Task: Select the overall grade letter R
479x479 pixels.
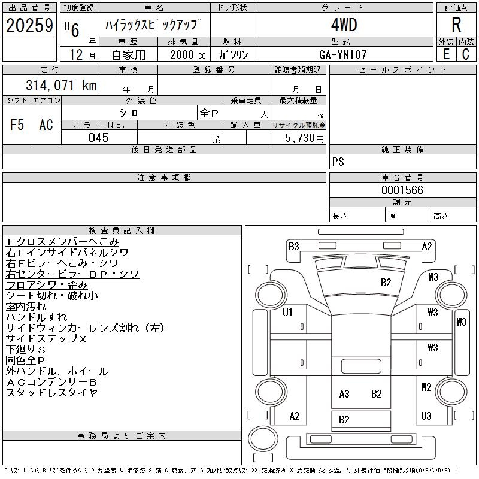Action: tap(456, 25)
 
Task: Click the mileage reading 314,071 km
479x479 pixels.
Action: tap(60, 85)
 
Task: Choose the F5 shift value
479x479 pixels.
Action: tap(17, 125)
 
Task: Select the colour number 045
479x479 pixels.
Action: tap(98, 138)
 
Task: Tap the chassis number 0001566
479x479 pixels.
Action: tap(402, 190)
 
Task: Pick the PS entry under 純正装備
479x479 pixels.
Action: tap(338, 162)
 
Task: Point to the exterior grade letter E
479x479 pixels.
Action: tap(445, 54)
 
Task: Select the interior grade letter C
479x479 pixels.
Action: tap(465, 54)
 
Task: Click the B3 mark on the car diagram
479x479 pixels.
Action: tap(293, 246)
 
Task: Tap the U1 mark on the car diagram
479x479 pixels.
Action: tap(287, 312)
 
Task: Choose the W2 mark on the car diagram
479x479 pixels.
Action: tap(426, 387)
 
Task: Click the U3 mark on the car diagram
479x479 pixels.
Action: tap(426, 416)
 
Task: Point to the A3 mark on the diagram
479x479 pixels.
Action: tap(344, 393)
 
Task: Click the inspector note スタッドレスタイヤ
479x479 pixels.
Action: tap(51, 393)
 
